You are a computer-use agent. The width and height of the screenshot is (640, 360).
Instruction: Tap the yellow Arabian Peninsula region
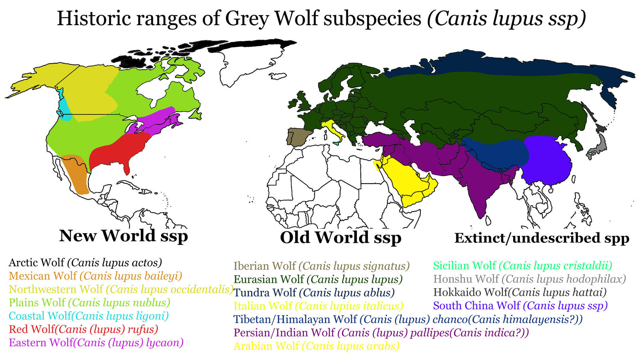[x=408, y=180]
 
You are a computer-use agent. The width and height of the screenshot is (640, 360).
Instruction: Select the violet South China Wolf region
[x=546, y=160]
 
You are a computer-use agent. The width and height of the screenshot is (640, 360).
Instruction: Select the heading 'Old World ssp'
[x=340, y=238]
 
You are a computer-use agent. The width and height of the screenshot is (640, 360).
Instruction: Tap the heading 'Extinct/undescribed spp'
[x=542, y=238]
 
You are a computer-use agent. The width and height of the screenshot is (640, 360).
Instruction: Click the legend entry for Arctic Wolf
[x=85, y=263]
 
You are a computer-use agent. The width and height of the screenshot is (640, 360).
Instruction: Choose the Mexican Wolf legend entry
[x=95, y=276]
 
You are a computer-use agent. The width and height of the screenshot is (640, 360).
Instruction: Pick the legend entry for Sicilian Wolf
[x=522, y=266]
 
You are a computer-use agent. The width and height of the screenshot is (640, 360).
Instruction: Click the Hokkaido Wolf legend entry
[x=520, y=292]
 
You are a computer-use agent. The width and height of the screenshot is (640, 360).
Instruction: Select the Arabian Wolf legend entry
[x=316, y=346]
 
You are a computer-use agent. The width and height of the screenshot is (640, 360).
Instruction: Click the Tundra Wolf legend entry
[x=314, y=293]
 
